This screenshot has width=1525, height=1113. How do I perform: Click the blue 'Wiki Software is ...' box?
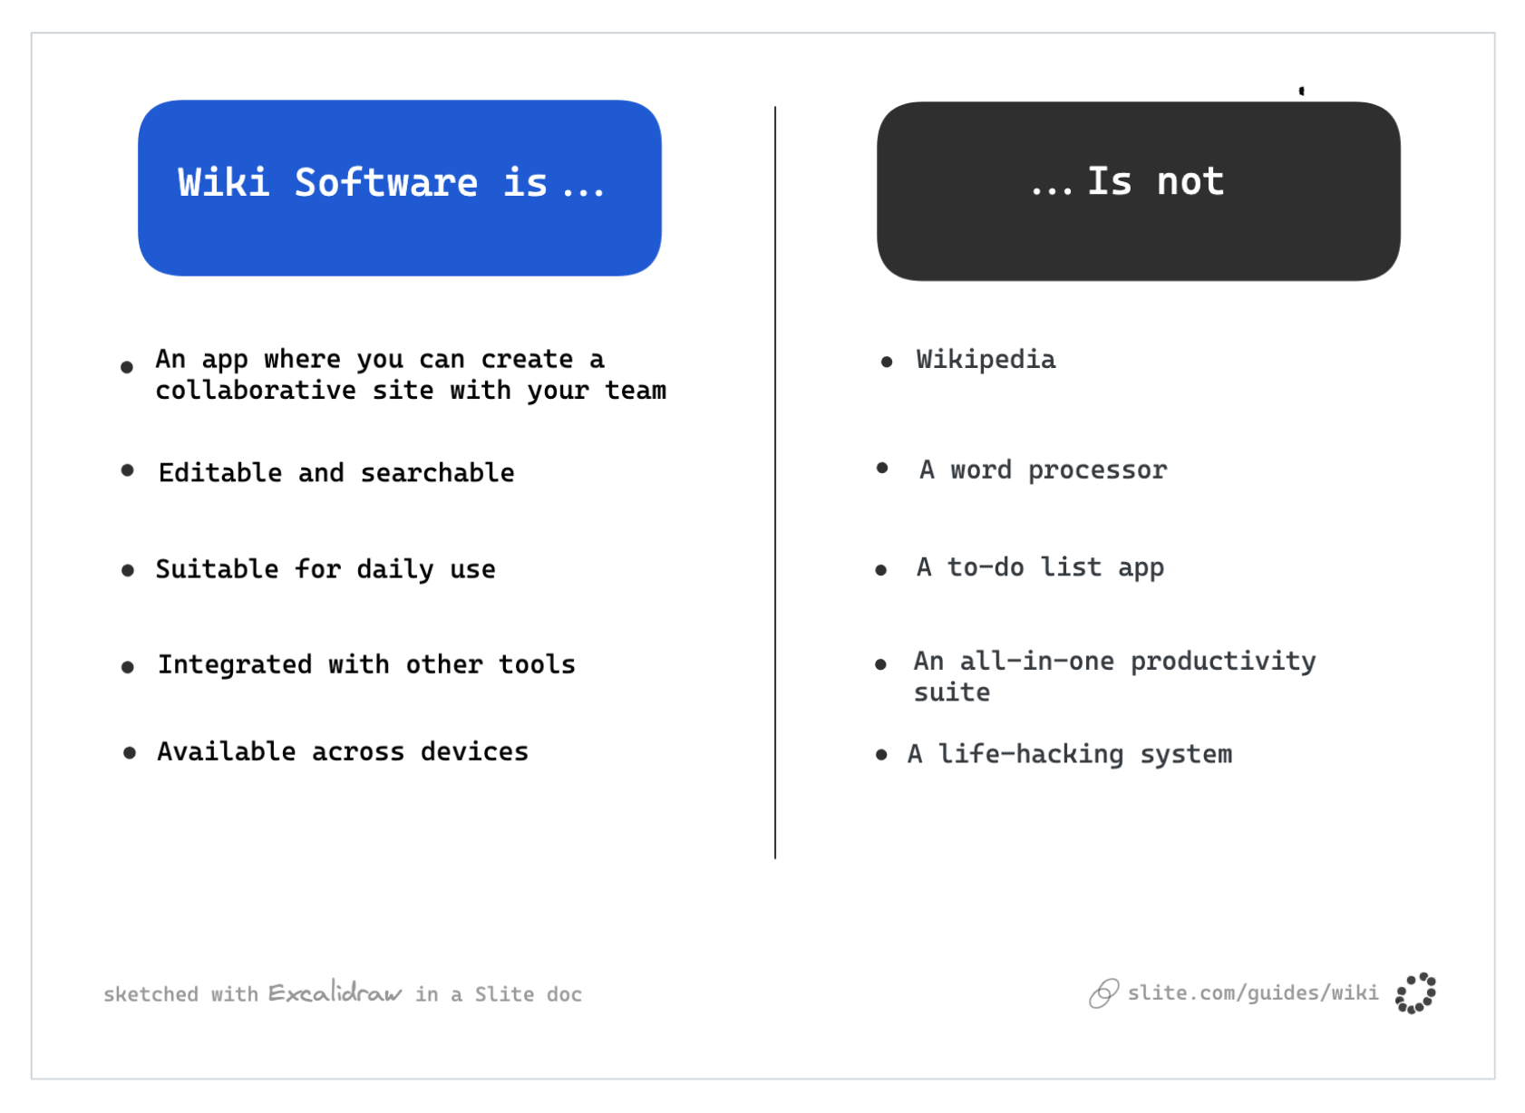[x=399, y=188]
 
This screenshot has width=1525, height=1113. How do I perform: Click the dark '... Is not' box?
[x=1138, y=190]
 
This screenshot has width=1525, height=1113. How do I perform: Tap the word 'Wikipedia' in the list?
[x=986, y=360]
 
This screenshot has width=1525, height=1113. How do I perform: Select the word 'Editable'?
[x=220, y=472]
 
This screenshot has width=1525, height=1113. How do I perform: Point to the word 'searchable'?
[x=437, y=472]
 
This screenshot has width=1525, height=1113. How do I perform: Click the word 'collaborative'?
[x=256, y=391]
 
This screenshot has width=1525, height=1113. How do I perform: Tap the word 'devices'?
[x=474, y=751]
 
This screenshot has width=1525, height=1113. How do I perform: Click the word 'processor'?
[x=1097, y=470]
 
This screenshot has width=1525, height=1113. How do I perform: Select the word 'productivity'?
[x=1222, y=662]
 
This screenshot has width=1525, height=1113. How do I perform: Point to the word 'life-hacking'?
[x=1031, y=754]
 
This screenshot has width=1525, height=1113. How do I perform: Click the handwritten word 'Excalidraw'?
[x=335, y=992]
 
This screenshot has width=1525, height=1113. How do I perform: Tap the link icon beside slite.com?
[x=1103, y=993]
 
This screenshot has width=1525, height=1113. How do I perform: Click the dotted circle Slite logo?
[x=1415, y=993]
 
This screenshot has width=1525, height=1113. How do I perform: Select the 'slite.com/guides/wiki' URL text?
[x=1253, y=993]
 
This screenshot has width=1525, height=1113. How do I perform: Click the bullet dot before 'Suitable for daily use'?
[x=128, y=570]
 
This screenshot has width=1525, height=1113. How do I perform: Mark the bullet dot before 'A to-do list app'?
[x=880, y=570]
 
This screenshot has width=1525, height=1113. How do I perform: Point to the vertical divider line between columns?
[x=775, y=480]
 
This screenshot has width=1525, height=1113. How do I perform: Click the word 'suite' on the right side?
[x=952, y=692]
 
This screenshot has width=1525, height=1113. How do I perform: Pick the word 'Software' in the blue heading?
[x=386, y=182]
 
